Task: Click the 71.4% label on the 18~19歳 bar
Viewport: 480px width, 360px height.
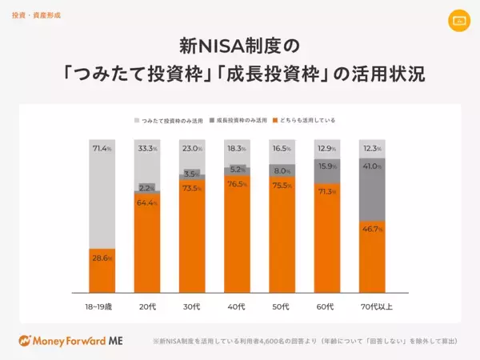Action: pyautogui.click(x=102, y=148)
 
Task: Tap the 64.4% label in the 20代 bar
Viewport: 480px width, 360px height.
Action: pyautogui.click(x=146, y=203)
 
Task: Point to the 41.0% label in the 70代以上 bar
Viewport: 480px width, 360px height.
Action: pyautogui.click(x=371, y=166)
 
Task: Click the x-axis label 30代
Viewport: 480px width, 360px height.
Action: pyautogui.click(x=191, y=307)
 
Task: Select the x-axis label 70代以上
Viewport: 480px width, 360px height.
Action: pyautogui.click(x=371, y=307)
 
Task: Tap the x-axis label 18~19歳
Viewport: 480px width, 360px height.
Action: pyautogui.click(x=102, y=307)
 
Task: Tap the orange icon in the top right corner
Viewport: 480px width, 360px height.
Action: pyautogui.click(x=458, y=19)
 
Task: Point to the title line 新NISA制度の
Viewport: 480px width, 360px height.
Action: pyautogui.click(x=240, y=43)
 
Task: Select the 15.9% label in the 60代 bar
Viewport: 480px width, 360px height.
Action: pyautogui.click(x=326, y=166)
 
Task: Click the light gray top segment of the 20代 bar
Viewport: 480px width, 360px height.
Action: pyautogui.click(x=146, y=160)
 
